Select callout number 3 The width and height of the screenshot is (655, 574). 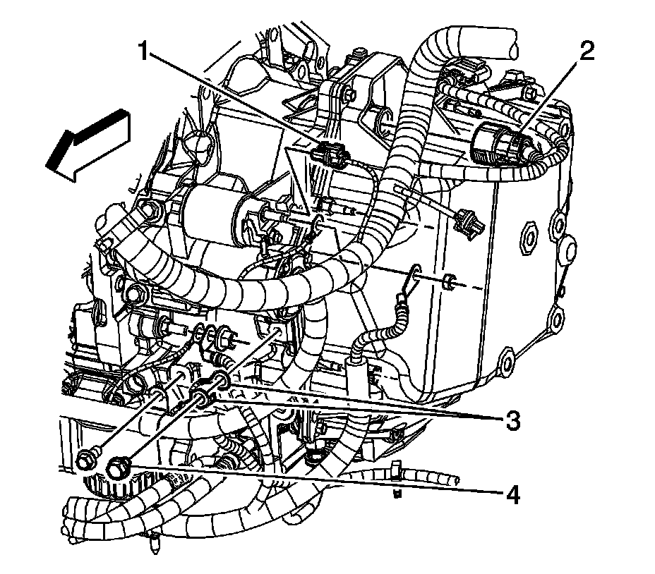(510, 421)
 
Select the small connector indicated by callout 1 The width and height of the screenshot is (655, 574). (332, 152)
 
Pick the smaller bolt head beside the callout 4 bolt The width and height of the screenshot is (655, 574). (87, 458)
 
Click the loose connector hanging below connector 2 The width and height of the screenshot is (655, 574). (469, 220)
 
